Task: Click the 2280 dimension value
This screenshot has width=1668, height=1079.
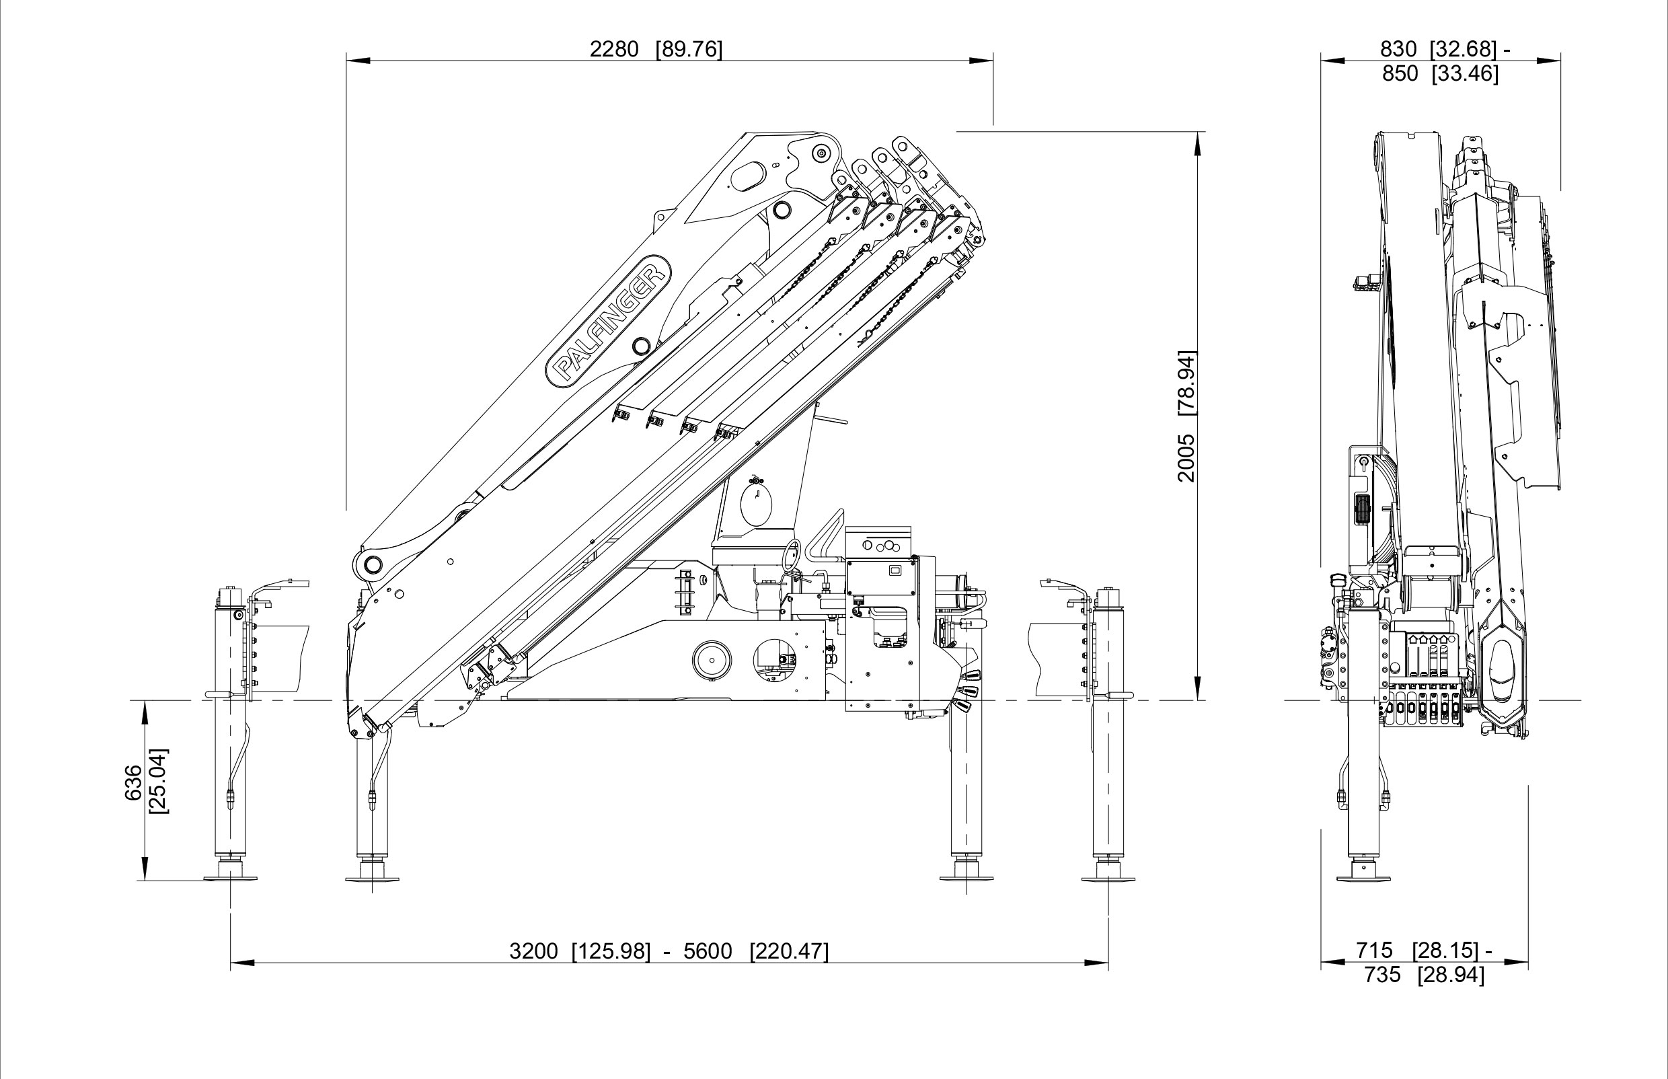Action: point(613,49)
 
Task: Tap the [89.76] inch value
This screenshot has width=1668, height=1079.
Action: point(688,49)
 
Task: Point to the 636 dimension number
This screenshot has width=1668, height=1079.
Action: point(133,782)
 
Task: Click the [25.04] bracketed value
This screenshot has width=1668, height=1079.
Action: point(159,782)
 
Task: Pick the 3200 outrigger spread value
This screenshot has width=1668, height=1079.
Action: point(533,951)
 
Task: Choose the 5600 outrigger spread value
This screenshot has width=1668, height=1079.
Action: point(708,951)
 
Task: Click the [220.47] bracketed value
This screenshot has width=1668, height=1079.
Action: point(789,951)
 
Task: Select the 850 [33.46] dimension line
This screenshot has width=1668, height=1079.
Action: point(1439,73)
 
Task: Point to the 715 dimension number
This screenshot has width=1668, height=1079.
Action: point(1374,951)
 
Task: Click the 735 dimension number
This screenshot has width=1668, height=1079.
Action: point(1381,975)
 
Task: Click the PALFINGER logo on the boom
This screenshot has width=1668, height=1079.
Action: point(608,320)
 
